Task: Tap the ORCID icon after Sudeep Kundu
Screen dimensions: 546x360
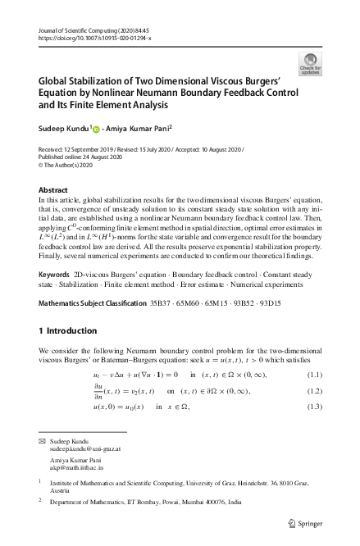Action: tap(95, 128)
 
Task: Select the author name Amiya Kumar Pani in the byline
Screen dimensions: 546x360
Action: tap(137, 128)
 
